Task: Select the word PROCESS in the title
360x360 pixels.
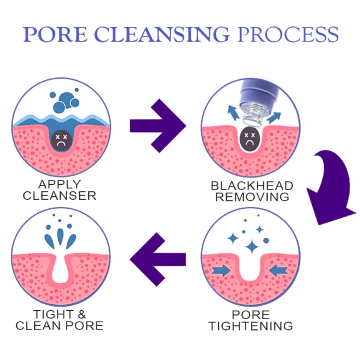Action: [x=288, y=34]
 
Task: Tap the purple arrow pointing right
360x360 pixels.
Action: [x=157, y=125]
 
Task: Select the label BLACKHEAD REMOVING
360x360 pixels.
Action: [x=251, y=191]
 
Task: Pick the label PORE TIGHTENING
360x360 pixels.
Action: [x=251, y=320]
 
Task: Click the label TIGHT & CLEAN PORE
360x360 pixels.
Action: [x=59, y=320]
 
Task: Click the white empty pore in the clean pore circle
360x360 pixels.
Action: [x=61, y=273]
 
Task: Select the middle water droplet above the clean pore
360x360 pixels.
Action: [x=61, y=234]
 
